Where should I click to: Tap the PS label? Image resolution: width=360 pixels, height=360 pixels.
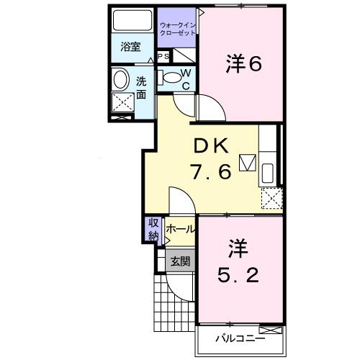point(163,56)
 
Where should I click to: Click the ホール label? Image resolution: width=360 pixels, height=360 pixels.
point(180,229)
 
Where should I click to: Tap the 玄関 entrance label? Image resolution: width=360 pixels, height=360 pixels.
point(180,261)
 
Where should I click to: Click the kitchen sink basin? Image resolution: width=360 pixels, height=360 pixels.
point(268,173)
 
